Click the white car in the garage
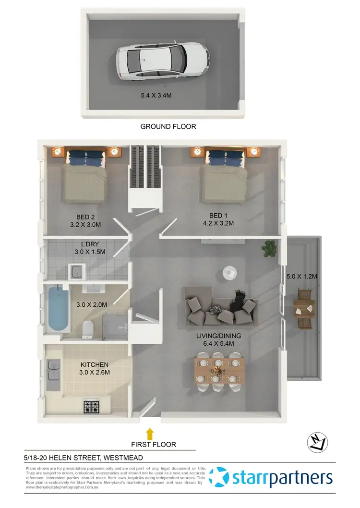(162, 60)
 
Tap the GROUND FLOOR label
(168, 127)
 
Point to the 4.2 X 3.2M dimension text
(222, 223)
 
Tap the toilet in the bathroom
(88, 329)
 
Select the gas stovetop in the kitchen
(91, 406)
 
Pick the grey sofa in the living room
(222, 306)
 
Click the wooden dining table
(218, 370)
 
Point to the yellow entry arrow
(150, 434)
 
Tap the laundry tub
(76, 272)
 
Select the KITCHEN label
(94, 364)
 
